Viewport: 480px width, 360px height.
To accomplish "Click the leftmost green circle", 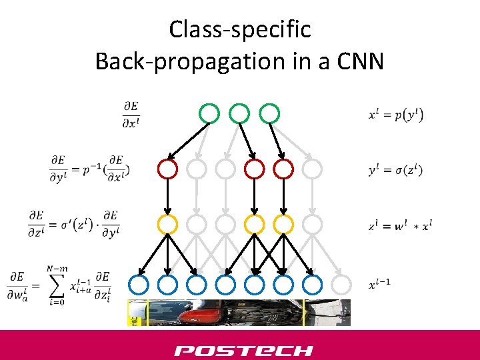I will pyautogui.click(x=209, y=113).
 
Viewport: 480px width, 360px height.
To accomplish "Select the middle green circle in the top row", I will pyautogui.click(x=239, y=113).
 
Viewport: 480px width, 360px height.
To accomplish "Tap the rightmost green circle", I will pyautogui.click(x=269, y=113).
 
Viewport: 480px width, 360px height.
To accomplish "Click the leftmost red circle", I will pyautogui.click(x=167, y=169).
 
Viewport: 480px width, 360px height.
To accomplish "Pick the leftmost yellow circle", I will pyautogui.click(x=167, y=224).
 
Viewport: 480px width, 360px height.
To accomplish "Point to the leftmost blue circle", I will pyautogui.click(x=138, y=285).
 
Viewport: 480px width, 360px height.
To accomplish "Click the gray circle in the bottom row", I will pyautogui.click(x=341, y=285).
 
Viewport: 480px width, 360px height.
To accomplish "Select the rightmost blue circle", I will pyautogui.click(x=312, y=285).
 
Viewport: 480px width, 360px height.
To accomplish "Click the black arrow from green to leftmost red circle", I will pyautogui.click(x=188, y=141).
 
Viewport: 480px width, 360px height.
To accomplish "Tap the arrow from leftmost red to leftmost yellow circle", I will pyautogui.click(x=167, y=197).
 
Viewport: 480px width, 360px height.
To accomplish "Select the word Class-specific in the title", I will pyautogui.click(x=239, y=29).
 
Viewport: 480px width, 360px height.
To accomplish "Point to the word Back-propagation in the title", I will pyautogui.click(x=171, y=61).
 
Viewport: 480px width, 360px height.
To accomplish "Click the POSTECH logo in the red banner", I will pyautogui.click(x=243, y=351).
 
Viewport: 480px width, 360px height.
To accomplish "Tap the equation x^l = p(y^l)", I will pyautogui.click(x=395, y=115).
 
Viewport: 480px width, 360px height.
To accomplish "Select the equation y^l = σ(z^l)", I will pyautogui.click(x=395, y=170).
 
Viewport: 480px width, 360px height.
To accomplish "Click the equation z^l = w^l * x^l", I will pyautogui.click(x=399, y=225).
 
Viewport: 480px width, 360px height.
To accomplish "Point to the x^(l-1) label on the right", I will pyautogui.click(x=379, y=285).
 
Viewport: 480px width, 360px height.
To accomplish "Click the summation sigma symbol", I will pyautogui.click(x=59, y=285).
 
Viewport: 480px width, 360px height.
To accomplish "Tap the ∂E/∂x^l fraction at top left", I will pyautogui.click(x=131, y=114).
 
